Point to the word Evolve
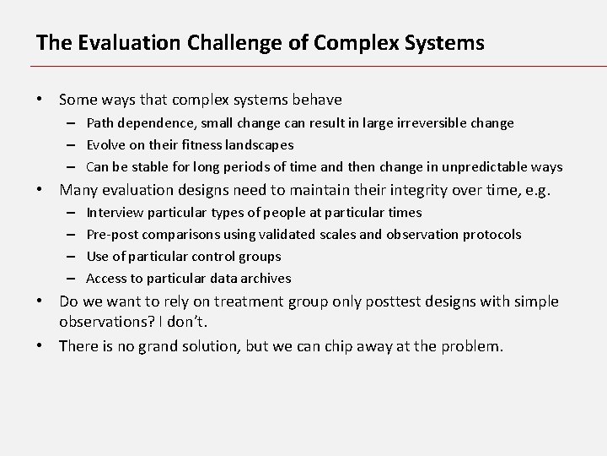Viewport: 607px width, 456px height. pyautogui.click(x=106, y=145)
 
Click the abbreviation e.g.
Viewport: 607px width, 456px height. pyautogui.click(x=535, y=191)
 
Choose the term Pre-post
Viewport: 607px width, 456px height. pyautogui.click(x=113, y=235)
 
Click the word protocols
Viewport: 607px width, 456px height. pyautogui.click(x=490, y=235)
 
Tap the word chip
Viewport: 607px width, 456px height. pyautogui.click(x=331, y=345)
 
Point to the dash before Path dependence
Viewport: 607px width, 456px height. pyautogui.click(x=74, y=123)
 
